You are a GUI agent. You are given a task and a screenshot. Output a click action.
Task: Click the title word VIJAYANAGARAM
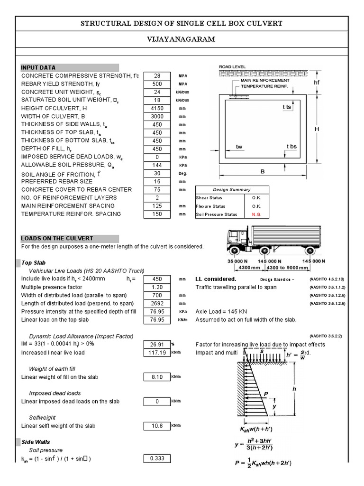(182, 39)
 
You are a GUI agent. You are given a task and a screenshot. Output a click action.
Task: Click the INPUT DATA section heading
(38, 67)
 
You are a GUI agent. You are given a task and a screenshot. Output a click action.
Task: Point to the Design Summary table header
(232, 189)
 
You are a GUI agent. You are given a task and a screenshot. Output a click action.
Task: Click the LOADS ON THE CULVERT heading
(57, 238)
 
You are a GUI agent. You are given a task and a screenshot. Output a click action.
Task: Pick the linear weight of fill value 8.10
(156, 377)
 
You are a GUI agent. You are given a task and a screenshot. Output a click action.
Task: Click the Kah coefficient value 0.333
(156, 458)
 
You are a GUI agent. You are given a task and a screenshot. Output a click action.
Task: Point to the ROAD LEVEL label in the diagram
(232, 67)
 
